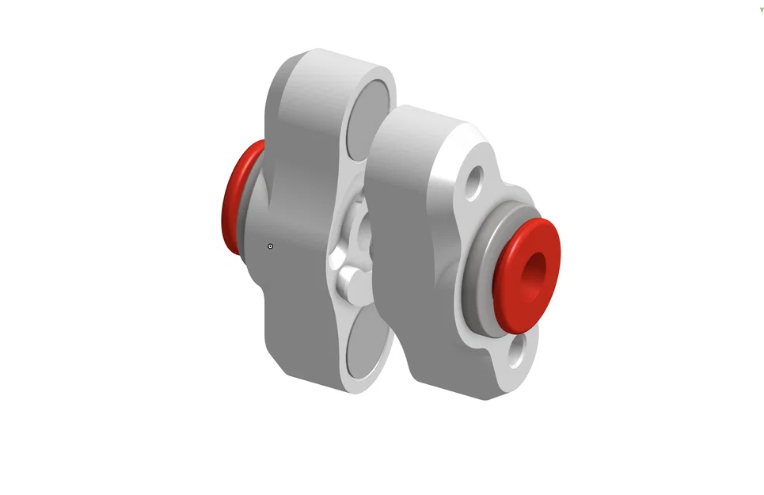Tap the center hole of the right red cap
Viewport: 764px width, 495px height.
536,269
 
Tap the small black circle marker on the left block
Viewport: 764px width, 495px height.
271,246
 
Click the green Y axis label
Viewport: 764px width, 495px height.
761,10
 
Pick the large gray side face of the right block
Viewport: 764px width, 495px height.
412,261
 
